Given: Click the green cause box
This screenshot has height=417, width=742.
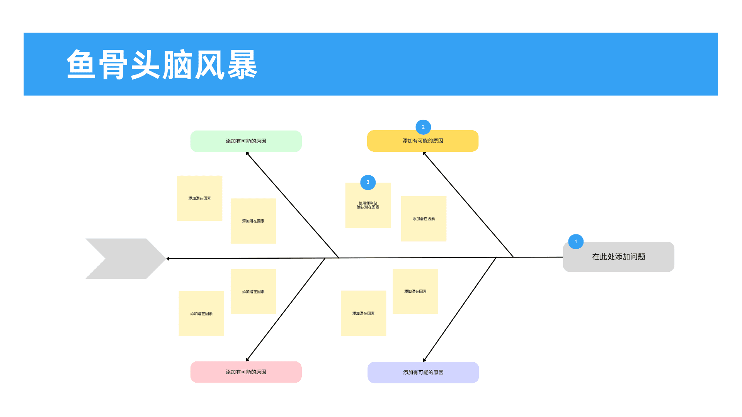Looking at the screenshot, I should [x=246, y=141].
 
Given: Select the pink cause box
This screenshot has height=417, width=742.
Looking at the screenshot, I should [x=246, y=372].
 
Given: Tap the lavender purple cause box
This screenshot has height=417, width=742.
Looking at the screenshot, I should [x=423, y=373].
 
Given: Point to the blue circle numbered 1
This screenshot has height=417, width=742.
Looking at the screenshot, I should [x=576, y=242].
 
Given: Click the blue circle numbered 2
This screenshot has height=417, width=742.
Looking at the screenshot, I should [x=423, y=127].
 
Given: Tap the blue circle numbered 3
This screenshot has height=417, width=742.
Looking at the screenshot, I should [x=368, y=182].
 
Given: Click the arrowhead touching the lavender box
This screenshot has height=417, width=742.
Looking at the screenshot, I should [x=425, y=360].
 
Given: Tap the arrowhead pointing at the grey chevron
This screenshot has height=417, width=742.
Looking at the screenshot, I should [x=168, y=259].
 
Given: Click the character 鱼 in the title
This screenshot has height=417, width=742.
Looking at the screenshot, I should [x=81, y=64].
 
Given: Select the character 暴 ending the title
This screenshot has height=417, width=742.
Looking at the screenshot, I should [x=242, y=64].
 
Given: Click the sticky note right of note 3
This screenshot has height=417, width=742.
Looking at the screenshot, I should [x=424, y=219].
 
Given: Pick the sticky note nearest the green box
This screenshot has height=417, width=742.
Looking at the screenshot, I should [x=199, y=198].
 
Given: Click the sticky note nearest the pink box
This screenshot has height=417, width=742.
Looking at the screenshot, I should [x=201, y=314].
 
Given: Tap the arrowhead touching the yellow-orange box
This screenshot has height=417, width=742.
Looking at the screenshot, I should [x=424, y=153].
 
